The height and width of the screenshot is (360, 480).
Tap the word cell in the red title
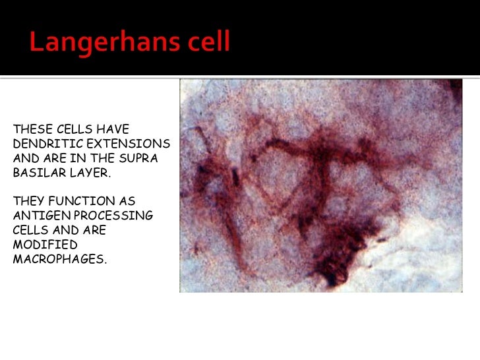(x=208, y=44)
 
